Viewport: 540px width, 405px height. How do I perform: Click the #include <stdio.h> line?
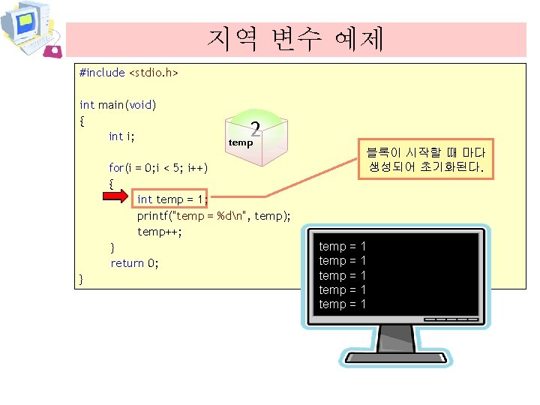[128, 73]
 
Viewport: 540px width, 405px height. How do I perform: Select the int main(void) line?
[118, 104]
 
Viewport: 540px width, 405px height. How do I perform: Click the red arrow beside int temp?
[117, 199]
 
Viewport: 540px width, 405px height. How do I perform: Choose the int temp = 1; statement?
[172, 199]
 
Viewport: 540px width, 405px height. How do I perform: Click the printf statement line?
[214, 215]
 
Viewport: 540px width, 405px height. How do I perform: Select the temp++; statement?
[160, 231]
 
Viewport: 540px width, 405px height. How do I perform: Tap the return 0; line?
[135, 263]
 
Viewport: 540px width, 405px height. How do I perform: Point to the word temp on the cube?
[241, 142]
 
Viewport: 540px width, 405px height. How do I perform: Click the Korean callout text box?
[427, 160]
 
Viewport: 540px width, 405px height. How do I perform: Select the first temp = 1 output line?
[343, 246]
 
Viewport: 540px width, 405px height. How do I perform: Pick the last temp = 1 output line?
[343, 304]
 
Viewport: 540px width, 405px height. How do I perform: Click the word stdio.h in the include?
[153, 73]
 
